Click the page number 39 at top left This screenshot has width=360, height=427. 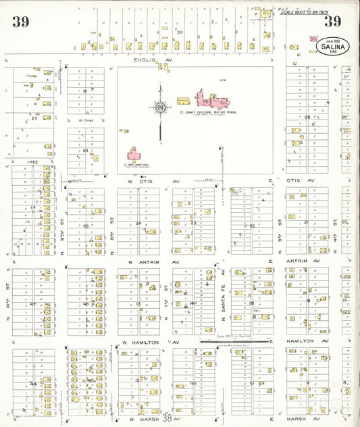20,21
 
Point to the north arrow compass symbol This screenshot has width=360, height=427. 160,107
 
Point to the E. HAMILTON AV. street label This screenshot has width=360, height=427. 301,343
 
